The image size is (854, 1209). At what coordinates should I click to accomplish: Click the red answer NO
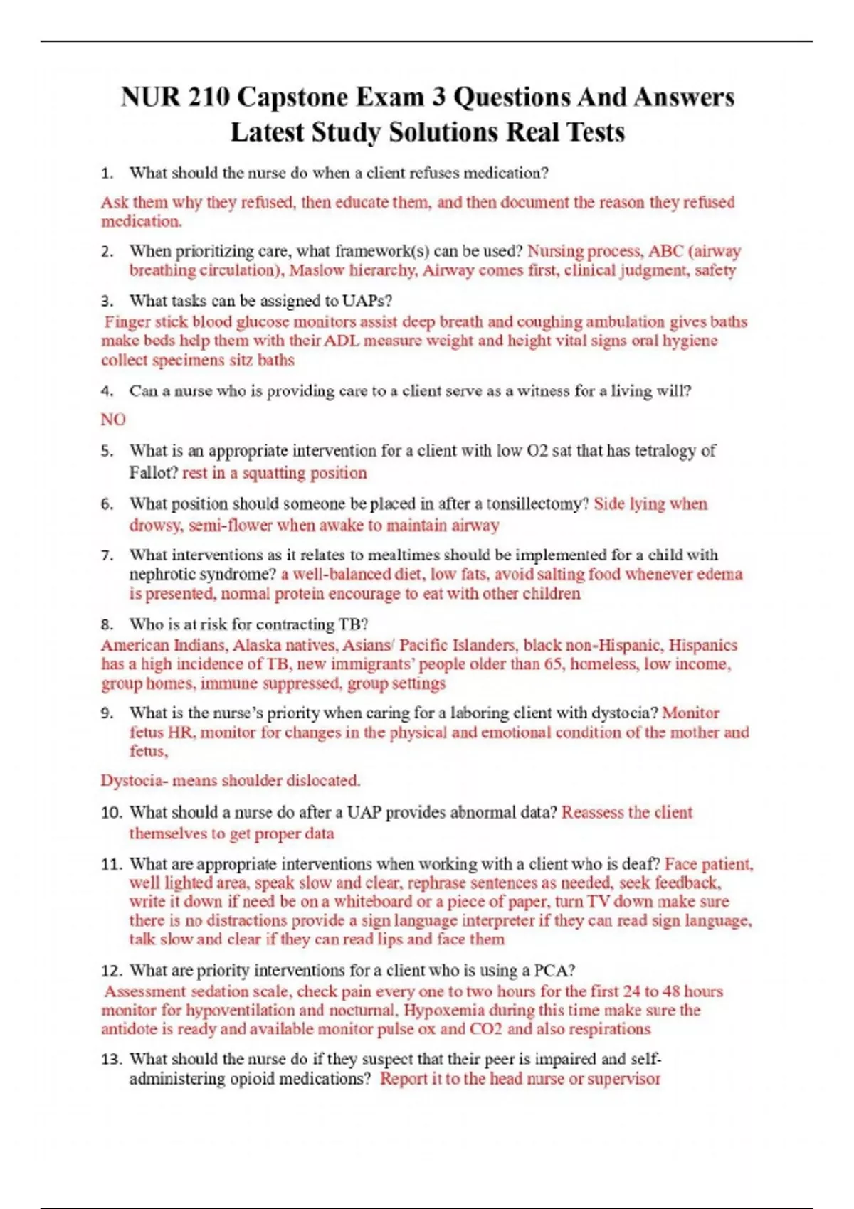(113, 420)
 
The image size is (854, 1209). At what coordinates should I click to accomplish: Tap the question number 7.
(107, 555)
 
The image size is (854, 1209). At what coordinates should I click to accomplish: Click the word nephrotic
(163, 574)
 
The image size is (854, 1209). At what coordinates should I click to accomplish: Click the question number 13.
(111, 1060)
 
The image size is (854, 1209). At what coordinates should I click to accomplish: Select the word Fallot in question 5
(152, 473)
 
